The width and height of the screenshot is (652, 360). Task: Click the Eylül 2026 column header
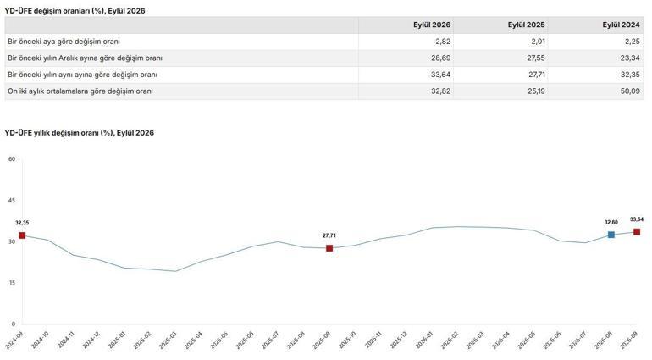[x=432, y=25]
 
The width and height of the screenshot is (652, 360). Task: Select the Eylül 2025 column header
[x=526, y=25]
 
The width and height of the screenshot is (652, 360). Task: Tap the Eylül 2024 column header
[x=621, y=25]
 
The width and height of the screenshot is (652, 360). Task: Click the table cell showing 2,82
[x=442, y=42]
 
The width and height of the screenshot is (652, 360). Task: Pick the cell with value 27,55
[x=536, y=58]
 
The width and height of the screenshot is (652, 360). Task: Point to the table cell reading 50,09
[x=630, y=91]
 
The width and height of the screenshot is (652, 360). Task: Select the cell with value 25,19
[x=536, y=91]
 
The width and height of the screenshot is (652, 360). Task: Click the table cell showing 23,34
[x=630, y=58]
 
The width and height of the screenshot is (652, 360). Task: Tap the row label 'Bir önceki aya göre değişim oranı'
[x=64, y=42]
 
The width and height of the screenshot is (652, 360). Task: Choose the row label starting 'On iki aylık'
[x=80, y=91]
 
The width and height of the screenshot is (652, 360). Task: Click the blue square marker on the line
[x=611, y=235]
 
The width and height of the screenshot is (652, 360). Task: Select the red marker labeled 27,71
[x=329, y=248]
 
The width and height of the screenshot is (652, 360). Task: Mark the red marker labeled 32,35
[x=22, y=235]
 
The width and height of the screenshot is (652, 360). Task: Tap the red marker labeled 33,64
[x=637, y=232]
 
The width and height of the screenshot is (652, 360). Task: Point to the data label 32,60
[x=611, y=222]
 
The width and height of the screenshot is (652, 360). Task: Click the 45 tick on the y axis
[x=12, y=200]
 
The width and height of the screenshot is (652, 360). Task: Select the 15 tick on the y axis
[x=12, y=283]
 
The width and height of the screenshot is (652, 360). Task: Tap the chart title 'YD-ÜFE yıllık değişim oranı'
[x=58, y=133]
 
